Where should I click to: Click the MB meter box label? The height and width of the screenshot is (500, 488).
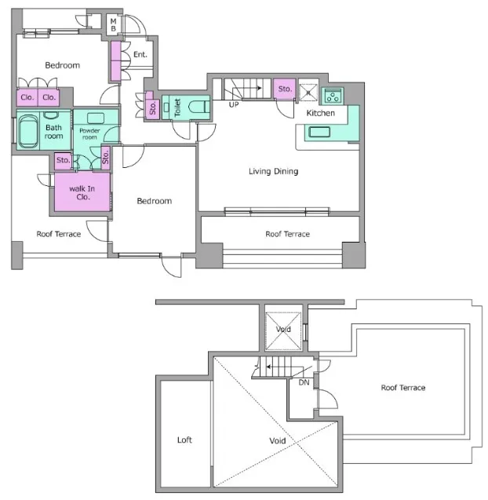[114, 25]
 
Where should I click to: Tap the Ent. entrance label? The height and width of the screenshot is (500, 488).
[140, 54]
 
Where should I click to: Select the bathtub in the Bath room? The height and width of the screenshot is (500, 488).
[28, 131]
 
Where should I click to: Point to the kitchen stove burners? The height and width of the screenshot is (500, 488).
[332, 96]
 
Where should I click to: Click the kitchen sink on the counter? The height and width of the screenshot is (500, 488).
[319, 132]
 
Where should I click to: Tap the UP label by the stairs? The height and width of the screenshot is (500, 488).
[234, 104]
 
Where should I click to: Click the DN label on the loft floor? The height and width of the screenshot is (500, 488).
[304, 382]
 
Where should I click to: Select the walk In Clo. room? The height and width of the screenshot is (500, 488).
[82, 192]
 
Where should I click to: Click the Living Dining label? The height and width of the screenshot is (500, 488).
[274, 171]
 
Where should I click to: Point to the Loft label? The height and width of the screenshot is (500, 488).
[184, 440]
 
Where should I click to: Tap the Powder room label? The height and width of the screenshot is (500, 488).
[89, 134]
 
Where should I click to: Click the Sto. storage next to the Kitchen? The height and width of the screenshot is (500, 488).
[285, 89]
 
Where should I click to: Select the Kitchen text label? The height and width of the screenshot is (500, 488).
[321, 113]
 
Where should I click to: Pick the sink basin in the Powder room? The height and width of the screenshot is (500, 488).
[96, 119]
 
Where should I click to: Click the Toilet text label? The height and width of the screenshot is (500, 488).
[177, 108]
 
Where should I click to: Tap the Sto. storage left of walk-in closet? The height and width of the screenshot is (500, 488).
[63, 160]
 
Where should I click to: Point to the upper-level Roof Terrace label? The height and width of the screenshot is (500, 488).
[403, 388]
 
